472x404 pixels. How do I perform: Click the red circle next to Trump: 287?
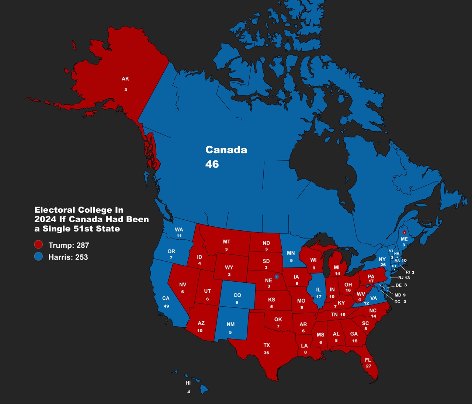[38, 245]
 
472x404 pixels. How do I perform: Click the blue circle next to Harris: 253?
[38, 257]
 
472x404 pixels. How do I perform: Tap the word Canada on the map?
[226, 150]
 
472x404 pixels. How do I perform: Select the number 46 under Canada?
[212, 164]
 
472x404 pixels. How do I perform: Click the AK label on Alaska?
[125, 79]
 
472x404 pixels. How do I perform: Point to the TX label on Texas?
[267, 345]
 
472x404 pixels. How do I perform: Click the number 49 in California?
[166, 306]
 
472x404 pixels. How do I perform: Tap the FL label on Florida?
[368, 360]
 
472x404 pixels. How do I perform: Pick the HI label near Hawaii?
[188, 383]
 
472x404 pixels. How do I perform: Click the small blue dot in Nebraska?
[277, 277]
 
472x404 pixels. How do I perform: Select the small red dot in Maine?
[405, 233]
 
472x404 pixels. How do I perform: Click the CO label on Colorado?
[237, 295]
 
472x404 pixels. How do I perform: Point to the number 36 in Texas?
[266, 353]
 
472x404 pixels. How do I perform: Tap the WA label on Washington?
[179, 229]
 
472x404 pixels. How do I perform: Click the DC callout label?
[397, 302]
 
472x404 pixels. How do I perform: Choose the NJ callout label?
[401, 278]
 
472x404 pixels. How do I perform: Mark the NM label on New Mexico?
[230, 324]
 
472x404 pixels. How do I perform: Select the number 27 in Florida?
[368, 366]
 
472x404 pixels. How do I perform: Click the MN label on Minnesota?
[291, 253]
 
